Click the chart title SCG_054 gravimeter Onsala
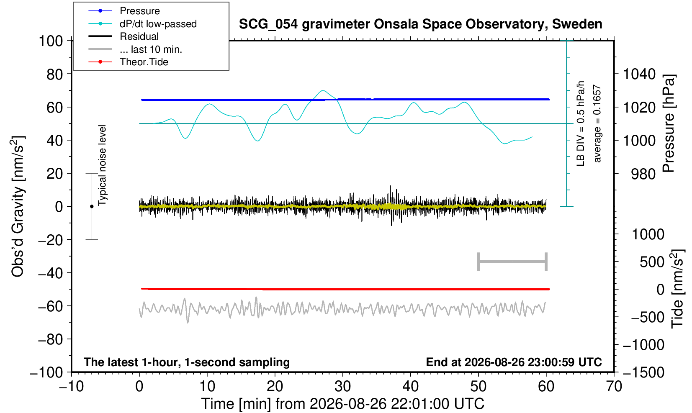pos(420,24)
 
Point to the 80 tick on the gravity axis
pos(55,74)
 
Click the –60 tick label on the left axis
pos(50,306)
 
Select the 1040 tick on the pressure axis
pos(639,74)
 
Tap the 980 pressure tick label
pos(643,174)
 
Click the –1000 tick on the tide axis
pos(643,345)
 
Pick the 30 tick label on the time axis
pos(342,387)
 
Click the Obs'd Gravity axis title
pos(18,206)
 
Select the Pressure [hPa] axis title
pos(669,123)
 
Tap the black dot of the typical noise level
pos(92,206)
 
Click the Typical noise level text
pos(102,166)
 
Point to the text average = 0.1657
pos(597,123)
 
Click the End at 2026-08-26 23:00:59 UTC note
pos(514,362)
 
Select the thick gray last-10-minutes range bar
pos(512,262)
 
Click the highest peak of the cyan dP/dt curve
pos(323,90)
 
